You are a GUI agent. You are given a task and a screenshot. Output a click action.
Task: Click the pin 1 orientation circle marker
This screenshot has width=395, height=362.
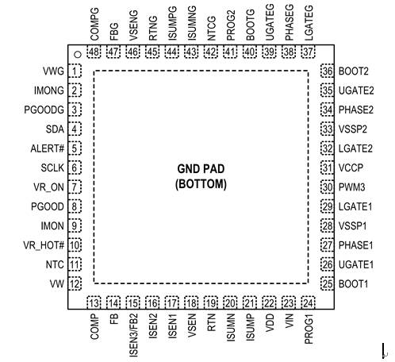(78, 55)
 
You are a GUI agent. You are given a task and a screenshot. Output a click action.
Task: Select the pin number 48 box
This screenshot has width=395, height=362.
(94, 52)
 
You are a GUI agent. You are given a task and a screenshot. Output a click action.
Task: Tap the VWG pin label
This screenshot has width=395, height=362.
(53, 71)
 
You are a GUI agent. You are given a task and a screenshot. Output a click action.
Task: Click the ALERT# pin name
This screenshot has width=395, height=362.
(48, 148)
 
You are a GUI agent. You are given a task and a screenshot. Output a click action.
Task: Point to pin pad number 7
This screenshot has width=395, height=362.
(75, 187)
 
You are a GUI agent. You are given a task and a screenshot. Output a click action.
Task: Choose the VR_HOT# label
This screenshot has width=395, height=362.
(44, 245)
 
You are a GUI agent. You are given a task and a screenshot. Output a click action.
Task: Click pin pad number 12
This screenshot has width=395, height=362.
(75, 283)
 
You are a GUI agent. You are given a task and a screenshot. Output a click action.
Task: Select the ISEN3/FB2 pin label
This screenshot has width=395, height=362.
(133, 335)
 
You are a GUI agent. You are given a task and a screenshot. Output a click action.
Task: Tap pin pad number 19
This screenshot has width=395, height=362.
(211, 302)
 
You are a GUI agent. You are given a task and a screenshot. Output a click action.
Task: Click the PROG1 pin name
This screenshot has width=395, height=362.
(309, 329)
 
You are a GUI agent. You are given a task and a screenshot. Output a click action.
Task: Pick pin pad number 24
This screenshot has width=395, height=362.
(308, 302)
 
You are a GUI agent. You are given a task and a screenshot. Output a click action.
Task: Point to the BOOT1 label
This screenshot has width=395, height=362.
(353, 284)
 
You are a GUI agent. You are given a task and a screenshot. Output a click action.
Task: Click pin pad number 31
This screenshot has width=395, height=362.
(328, 168)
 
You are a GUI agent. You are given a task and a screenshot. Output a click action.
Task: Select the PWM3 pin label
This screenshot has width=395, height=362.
(351, 187)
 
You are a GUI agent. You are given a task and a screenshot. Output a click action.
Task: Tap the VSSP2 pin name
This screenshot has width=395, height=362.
(353, 129)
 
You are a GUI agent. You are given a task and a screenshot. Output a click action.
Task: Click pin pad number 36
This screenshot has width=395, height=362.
(328, 71)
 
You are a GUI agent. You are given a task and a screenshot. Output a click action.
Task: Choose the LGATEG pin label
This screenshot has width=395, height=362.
(309, 23)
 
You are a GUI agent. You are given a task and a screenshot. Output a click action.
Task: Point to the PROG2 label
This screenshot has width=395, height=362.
(231, 25)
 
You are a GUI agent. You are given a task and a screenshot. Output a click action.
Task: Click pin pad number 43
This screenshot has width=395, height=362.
(191, 52)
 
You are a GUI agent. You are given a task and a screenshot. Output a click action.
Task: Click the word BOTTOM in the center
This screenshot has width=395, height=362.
(201, 184)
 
